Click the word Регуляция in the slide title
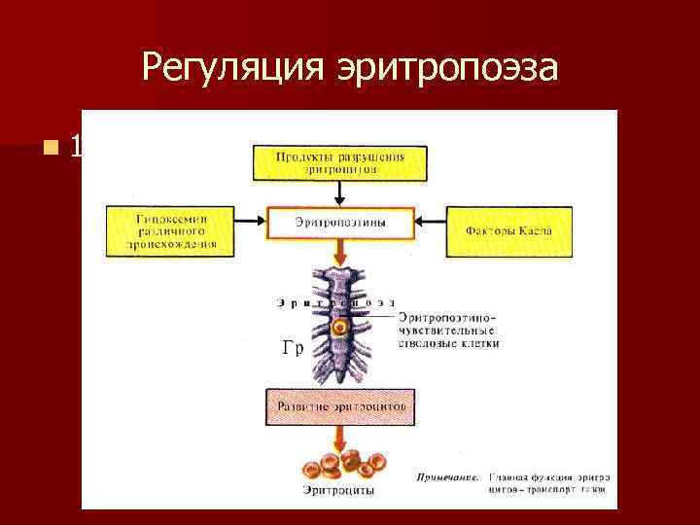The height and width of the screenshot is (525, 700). coord(232,68)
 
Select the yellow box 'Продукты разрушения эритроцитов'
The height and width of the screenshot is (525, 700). coord(340,162)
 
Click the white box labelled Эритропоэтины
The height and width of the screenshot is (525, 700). coord(340,223)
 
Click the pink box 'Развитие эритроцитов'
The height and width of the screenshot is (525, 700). coord(340,402)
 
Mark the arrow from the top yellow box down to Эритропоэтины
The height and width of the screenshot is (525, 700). coord(340,192)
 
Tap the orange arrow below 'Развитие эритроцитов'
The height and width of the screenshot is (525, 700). coord(340,437)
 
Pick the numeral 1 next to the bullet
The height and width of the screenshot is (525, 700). coord(77,149)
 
